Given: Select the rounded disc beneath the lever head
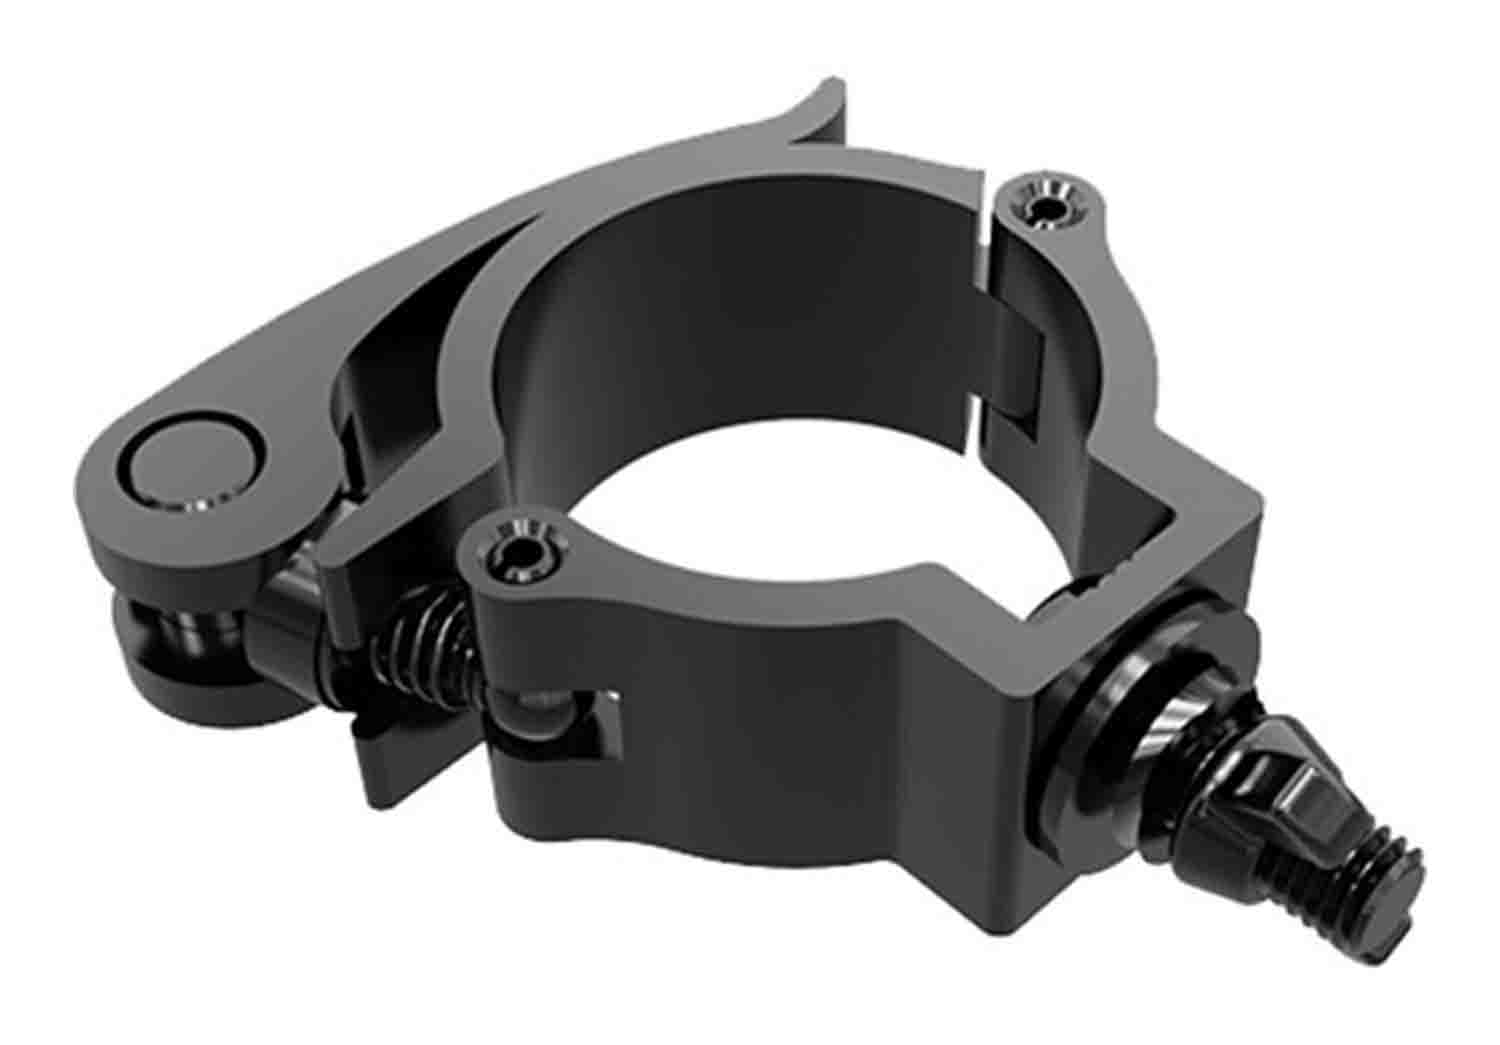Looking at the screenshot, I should [x=170, y=640].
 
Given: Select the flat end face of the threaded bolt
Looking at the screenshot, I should [x=1405, y=910].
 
